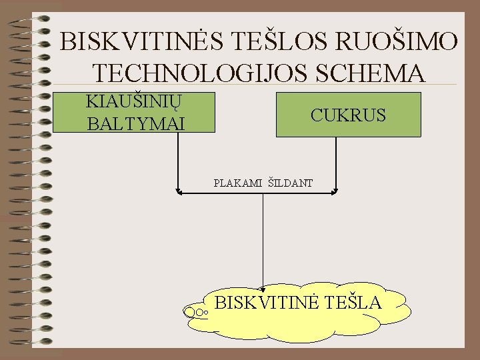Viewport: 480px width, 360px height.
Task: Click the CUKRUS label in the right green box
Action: tap(348, 115)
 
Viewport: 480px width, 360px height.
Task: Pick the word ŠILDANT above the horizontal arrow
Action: tap(291, 182)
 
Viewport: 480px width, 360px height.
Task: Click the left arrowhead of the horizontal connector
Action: tap(179, 193)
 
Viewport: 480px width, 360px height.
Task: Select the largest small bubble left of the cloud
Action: tap(191, 311)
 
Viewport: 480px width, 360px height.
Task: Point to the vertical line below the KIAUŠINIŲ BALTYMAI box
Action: tap(178, 160)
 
